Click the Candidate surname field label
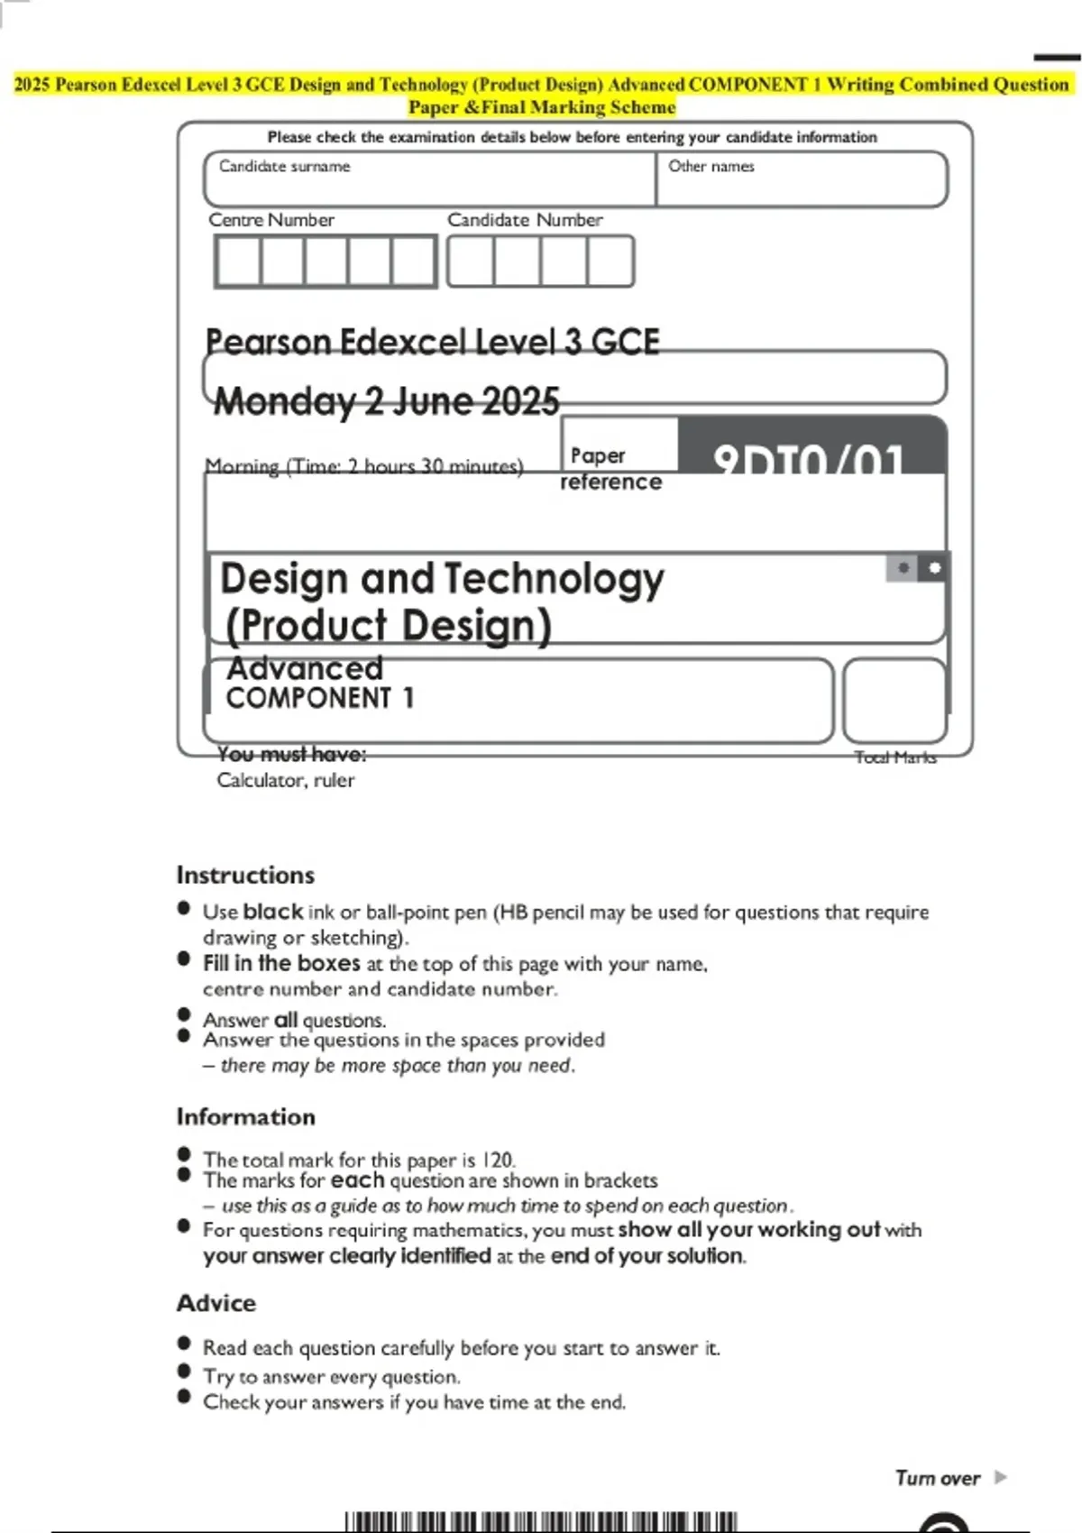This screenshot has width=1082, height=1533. (x=284, y=167)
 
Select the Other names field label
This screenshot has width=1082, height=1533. (x=711, y=167)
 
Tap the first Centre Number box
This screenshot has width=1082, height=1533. (x=238, y=262)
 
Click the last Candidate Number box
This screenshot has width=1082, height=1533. (x=610, y=262)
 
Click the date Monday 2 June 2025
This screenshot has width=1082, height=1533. (x=386, y=401)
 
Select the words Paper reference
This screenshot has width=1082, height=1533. (x=610, y=469)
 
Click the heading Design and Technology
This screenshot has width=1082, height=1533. (x=442, y=579)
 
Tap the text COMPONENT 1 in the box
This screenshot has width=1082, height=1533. (x=319, y=698)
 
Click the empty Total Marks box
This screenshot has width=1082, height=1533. (x=894, y=701)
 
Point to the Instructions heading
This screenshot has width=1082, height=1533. (x=245, y=876)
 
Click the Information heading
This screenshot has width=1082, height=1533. (x=245, y=1117)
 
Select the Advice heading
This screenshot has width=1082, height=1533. (x=216, y=1304)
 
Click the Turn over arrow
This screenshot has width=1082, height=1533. (x=1000, y=1477)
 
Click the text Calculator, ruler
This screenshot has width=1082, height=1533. (x=285, y=781)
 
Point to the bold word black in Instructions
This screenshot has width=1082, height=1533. (x=272, y=912)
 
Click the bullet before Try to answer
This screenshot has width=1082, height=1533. (x=185, y=1372)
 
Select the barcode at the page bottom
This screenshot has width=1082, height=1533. (x=541, y=1522)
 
